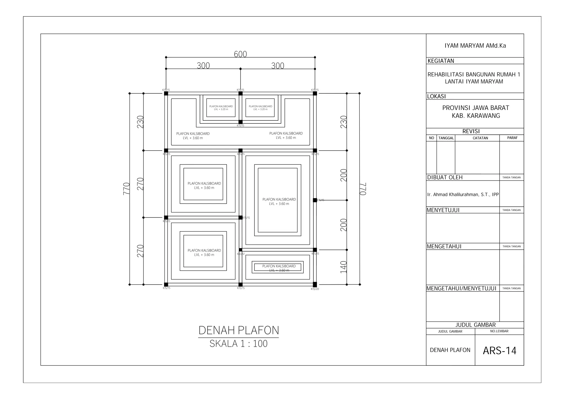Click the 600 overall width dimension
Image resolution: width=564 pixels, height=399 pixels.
240,54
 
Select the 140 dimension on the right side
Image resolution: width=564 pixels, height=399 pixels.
343,267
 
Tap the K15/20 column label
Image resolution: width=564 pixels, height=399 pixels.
315,289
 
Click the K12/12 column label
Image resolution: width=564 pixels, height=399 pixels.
241,254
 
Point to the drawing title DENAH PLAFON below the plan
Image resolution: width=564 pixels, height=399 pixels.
238,330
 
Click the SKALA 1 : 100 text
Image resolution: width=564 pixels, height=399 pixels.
238,344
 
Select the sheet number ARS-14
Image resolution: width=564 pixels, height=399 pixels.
499,351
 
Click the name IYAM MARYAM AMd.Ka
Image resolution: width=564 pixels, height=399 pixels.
475,46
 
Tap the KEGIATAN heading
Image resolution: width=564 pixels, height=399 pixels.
441,61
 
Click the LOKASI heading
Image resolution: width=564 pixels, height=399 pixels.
436,96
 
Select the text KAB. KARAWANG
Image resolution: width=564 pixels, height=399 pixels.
476,116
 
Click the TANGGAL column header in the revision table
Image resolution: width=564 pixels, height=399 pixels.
446,138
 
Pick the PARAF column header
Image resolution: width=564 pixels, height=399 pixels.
512,138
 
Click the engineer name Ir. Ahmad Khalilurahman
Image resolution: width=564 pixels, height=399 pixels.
463,195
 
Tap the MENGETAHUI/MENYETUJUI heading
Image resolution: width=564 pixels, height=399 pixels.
461,289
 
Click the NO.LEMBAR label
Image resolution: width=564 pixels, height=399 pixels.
499,331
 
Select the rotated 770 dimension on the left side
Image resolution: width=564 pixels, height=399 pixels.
126,189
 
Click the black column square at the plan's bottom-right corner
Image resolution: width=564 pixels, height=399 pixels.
315,284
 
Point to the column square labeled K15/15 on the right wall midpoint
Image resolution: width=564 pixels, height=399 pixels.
315,200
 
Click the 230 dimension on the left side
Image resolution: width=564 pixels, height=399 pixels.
140,122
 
